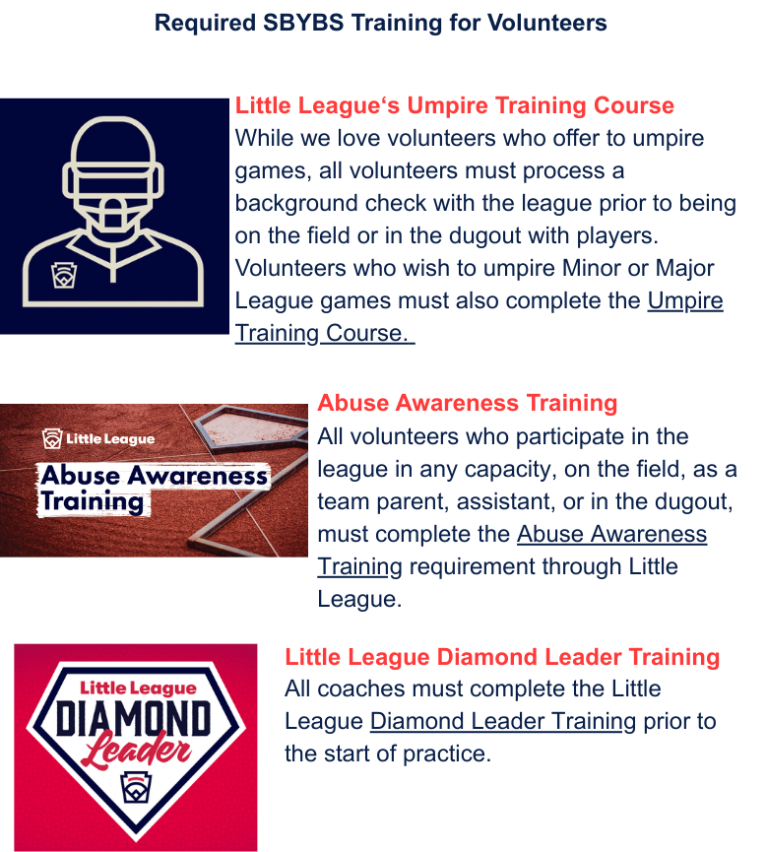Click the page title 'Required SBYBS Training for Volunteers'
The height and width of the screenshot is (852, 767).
(x=380, y=23)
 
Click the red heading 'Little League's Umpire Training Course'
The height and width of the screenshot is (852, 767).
(x=454, y=105)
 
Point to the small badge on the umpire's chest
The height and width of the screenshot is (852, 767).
(x=64, y=276)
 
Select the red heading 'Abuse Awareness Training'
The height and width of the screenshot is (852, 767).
(x=467, y=403)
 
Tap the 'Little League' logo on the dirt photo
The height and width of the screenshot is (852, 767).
(x=98, y=438)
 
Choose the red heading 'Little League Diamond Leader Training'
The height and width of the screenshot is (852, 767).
(x=502, y=657)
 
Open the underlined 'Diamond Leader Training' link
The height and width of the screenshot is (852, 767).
(x=503, y=722)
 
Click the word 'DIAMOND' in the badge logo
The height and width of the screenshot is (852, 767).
(x=134, y=718)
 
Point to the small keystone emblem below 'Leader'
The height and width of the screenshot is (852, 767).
(x=135, y=787)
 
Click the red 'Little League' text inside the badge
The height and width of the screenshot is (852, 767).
(x=138, y=688)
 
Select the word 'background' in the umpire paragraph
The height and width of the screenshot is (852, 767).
(x=296, y=203)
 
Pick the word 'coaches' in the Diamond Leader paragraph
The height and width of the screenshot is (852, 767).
(x=361, y=689)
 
